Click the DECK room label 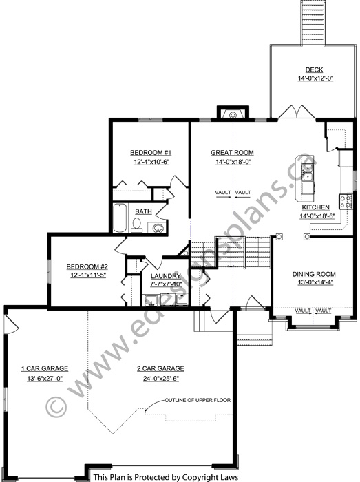tap(315, 70)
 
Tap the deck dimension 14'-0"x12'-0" tap(315, 78)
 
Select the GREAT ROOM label tap(232, 152)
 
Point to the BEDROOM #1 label tap(151, 153)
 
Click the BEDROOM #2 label tap(87, 267)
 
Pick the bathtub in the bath tap(120, 218)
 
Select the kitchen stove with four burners tap(346, 201)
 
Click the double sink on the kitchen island tap(307, 172)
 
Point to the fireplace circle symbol tap(233, 115)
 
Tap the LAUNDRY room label tap(166, 276)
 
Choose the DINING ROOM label tap(314, 274)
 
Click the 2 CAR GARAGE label tap(160, 368)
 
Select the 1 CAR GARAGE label tap(45, 368)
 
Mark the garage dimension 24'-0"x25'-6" tap(161, 379)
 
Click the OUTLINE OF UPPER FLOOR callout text tap(198, 400)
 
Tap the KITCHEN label tap(315, 207)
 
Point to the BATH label tap(143, 211)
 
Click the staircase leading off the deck tap(313, 23)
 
